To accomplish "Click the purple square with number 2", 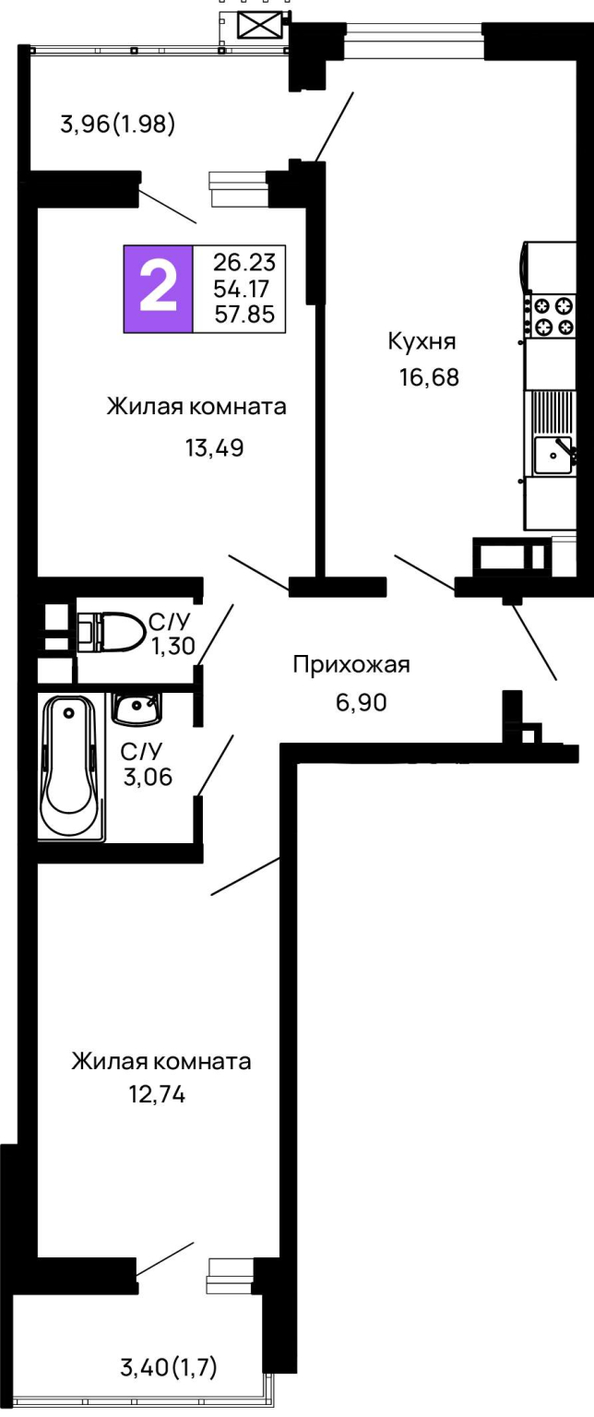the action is point(158,289).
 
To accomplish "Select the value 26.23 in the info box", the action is point(244,262).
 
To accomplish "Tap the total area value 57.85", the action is point(244,315).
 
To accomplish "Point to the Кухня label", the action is point(422,341).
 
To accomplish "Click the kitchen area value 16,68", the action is point(429,377).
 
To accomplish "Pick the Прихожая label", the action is point(351,665).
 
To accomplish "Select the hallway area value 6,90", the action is point(362,702).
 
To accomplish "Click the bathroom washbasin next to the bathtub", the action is point(136,708).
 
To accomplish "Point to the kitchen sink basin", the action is point(552,455).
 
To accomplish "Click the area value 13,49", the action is point(214,447).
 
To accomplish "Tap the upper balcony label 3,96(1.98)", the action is point(118,124).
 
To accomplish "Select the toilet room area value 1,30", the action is point(172,646).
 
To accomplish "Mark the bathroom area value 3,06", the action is point(148,777).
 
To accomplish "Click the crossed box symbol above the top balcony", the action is point(261,27).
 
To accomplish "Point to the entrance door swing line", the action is point(535,641).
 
